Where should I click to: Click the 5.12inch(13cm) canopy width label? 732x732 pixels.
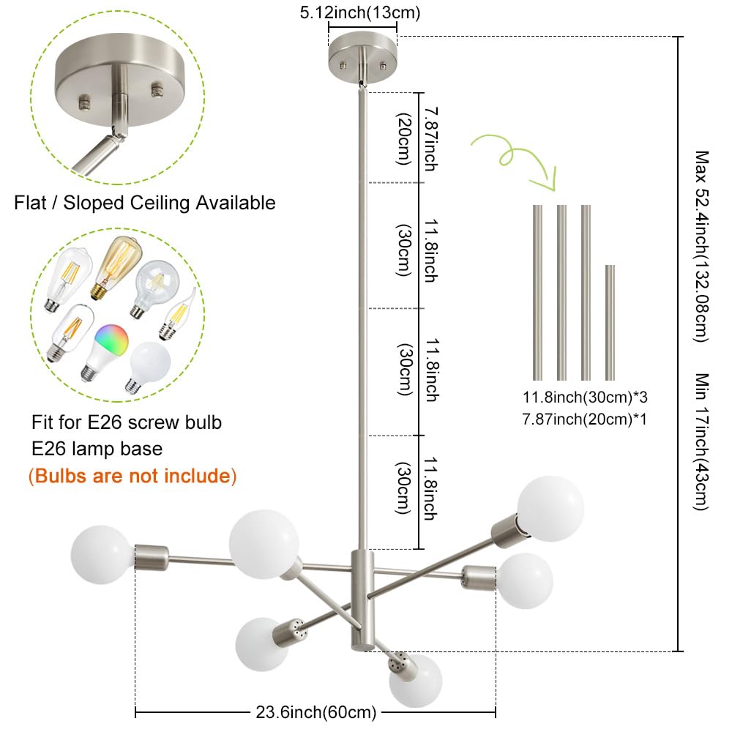click(360, 12)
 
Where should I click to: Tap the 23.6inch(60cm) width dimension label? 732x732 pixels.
click(316, 712)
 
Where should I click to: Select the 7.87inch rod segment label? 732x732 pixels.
click(431, 139)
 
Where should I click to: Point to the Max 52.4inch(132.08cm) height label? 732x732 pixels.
click(702, 247)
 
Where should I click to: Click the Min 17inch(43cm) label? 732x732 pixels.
click(702, 441)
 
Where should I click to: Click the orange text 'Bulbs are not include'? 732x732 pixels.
click(132, 477)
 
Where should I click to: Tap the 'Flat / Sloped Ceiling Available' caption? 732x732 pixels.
click(145, 203)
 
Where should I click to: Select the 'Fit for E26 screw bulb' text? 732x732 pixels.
click(127, 422)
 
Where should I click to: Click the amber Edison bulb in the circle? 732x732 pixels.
click(116, 267)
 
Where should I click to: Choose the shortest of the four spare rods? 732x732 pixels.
click(610, 323)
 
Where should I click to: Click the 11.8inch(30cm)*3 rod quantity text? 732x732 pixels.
click(585, 397)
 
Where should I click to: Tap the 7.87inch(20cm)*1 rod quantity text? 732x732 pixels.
click(585, 419)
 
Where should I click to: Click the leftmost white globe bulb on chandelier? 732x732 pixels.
click(102, 555)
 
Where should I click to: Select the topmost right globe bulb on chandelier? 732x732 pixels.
click(551, 509)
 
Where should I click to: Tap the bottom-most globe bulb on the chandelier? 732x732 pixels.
click(416, 681)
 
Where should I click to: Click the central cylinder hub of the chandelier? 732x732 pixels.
click(362, 600)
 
